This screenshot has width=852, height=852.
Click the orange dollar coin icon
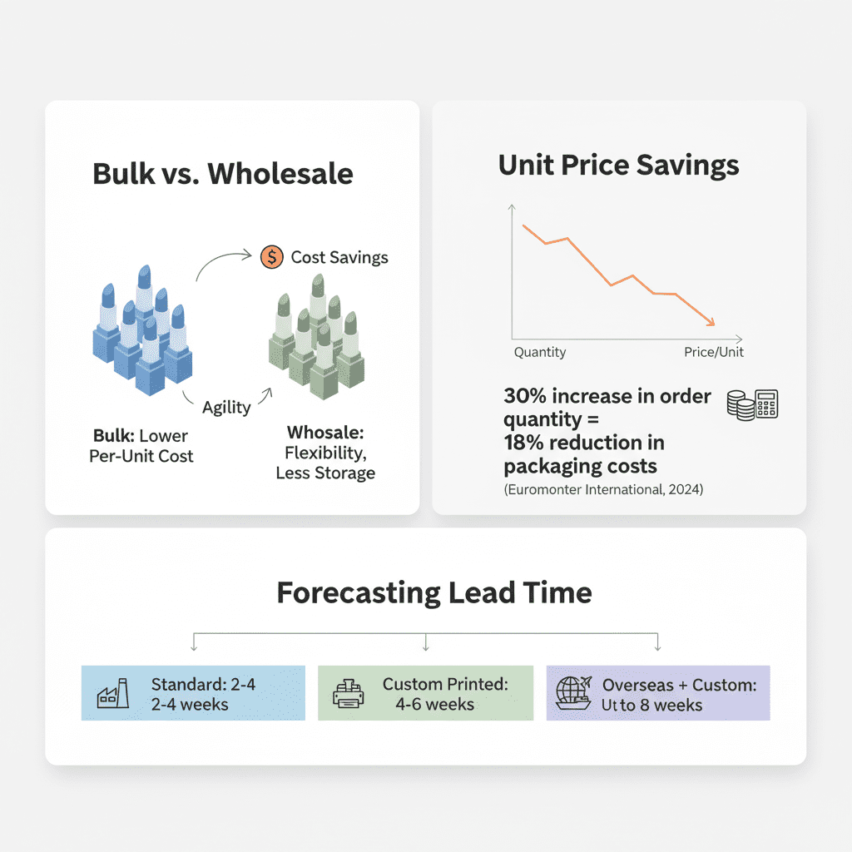pos(272,257)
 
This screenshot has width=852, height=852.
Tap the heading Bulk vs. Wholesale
pos(223,174)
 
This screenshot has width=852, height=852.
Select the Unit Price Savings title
pos(618,166)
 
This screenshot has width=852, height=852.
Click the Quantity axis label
pos(539,352)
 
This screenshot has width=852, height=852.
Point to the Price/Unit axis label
pos(713,352)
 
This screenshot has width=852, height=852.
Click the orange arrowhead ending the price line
pos(711,323)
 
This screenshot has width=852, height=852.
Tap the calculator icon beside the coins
pos(766,404)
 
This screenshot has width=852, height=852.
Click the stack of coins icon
pos(741,405)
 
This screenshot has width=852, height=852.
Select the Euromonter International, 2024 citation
pos(603,489)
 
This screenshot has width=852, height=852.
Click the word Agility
pos(226,408)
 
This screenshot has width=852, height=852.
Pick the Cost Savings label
pos(339,257)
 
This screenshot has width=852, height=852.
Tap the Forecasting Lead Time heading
pos(434,592)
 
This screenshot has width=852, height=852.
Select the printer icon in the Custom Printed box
pos(349,693)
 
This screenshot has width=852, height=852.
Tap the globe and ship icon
pos(573,693)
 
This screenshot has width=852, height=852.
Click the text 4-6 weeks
pos(434,704)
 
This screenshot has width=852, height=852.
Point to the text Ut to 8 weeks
pos(651,706)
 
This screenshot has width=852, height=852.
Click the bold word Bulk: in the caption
pos(113,436)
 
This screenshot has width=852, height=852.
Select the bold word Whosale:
pos(325,433)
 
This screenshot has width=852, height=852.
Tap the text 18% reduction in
pos(584,443)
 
